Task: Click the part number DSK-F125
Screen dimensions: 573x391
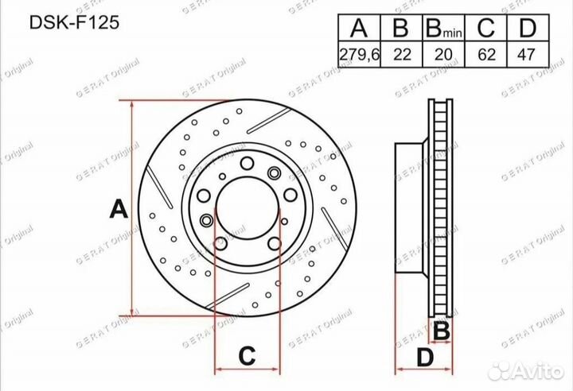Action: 74,22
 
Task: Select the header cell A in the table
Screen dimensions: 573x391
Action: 359,28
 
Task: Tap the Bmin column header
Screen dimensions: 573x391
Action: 443,28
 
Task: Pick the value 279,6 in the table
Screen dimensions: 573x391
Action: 360,55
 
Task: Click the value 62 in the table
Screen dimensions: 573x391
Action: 486,55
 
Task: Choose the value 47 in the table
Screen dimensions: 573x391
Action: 526,55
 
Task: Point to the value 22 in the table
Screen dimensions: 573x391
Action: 402,55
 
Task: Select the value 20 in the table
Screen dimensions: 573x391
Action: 443,55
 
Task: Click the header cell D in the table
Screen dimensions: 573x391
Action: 528,28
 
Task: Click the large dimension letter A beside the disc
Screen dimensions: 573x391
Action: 119,208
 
